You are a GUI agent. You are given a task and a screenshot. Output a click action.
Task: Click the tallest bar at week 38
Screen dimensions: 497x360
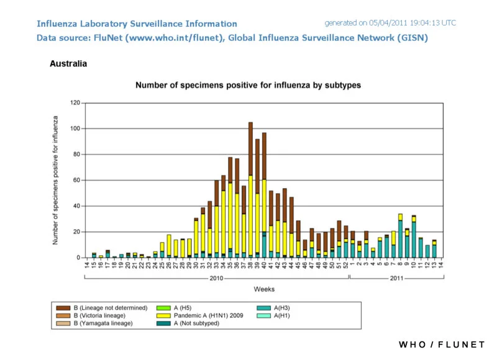[x=250, y=190]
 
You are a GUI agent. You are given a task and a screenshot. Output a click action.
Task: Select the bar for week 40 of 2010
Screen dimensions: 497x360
[x=264, y=195]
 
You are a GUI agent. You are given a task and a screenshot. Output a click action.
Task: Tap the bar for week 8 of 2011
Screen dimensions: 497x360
[x=400, y=236]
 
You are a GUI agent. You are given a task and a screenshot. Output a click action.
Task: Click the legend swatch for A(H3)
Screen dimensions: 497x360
[x=263, y=308]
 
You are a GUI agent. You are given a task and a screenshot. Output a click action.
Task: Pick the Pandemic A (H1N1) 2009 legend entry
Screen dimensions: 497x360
[x=200, y=316]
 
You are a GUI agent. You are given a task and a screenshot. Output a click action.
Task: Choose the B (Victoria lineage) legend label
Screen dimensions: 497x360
[x=99, y=316]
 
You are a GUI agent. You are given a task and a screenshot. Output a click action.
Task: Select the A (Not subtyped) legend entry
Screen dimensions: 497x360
[x=188, y=323]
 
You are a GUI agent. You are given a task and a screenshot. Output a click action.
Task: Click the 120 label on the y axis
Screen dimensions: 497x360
[x=75, y=103]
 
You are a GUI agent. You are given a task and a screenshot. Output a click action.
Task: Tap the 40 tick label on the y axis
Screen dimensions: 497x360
[x=76, y=206]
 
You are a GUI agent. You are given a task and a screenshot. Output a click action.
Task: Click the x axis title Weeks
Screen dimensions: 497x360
[x=264, y=289]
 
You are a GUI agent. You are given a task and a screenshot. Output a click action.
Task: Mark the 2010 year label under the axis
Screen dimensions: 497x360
[x=216, y=278]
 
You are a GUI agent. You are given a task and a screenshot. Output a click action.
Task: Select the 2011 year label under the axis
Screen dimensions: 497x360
[x=396, y=278]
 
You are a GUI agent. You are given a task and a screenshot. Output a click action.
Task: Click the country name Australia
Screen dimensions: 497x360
[x=68, y=64]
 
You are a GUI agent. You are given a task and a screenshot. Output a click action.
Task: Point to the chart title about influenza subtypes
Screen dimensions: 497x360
[x=248, y=85]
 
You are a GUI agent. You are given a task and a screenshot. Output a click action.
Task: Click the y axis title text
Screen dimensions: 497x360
[x=55, y=180]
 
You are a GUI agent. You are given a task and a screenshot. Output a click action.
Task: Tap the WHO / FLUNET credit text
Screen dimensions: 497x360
[x=442, y=344]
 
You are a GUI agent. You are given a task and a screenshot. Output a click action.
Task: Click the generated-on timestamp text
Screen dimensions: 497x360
[x=390, y=23]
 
